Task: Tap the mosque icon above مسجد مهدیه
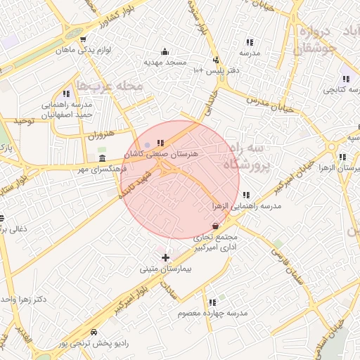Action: pyautogui.click(x=165, y=51)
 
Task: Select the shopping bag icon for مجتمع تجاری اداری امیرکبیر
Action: pyautogui.click(x=214, y=226)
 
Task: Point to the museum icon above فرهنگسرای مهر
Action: pyautogui.click(x=103, y=157)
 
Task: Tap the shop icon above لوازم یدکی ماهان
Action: pyautogui.click(x=84, y=39)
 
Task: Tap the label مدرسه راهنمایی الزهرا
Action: pyautogui.click(x=247, y=206)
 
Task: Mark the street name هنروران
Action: pyautogui.click(x=100, y=133)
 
